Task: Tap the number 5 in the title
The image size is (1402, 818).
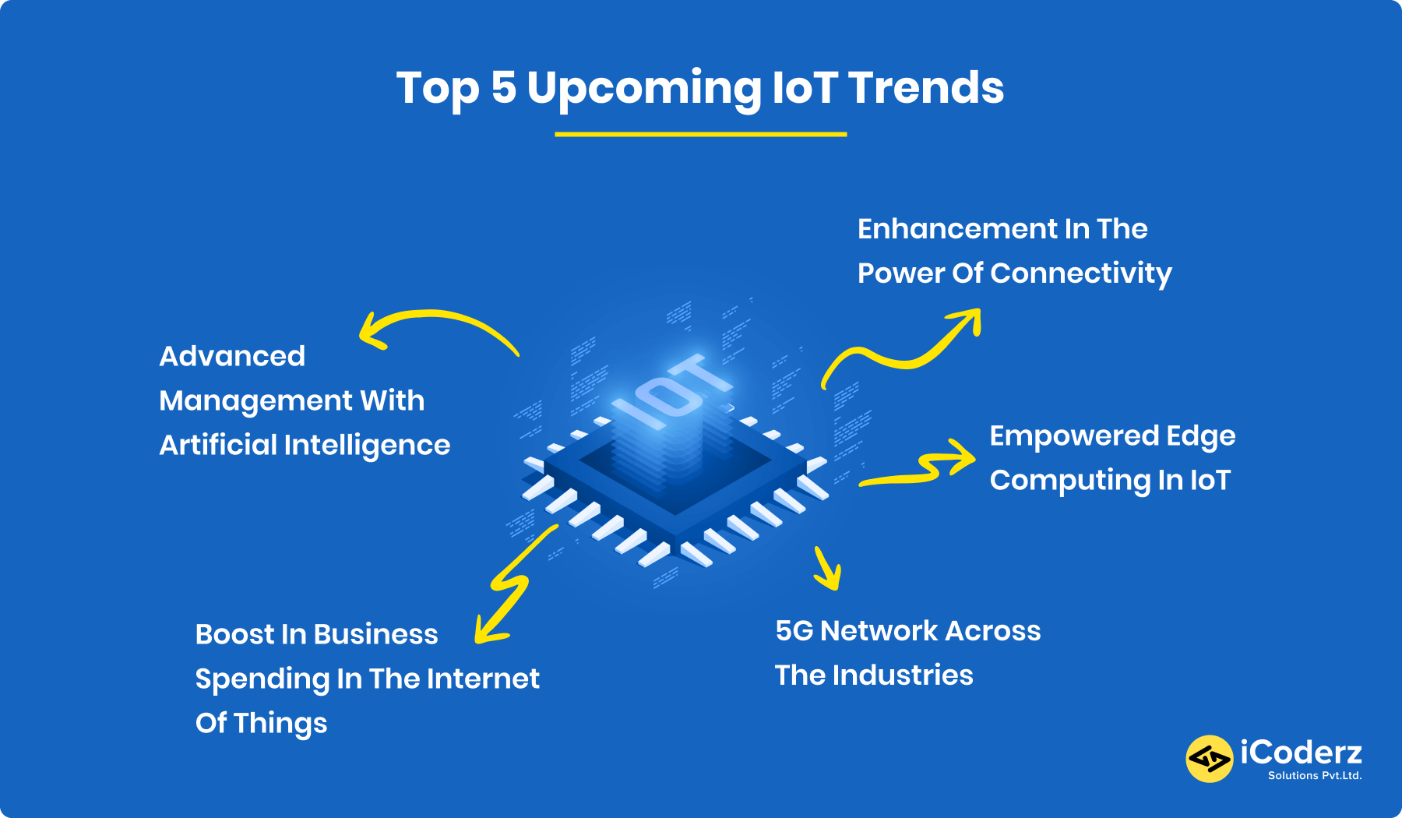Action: (503, 87)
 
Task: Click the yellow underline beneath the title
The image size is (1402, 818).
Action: (700, 134)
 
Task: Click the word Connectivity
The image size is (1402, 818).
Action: (1080, 273)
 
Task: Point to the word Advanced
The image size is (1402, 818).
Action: (232, 356)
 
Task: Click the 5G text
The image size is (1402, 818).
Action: (794, 631)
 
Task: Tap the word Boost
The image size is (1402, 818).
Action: (234, 634)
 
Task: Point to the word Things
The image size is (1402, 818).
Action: (280, 724)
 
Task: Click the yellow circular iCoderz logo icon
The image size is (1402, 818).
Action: (1209, 758)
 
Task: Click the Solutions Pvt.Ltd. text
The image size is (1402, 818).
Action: (1314, 775)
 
